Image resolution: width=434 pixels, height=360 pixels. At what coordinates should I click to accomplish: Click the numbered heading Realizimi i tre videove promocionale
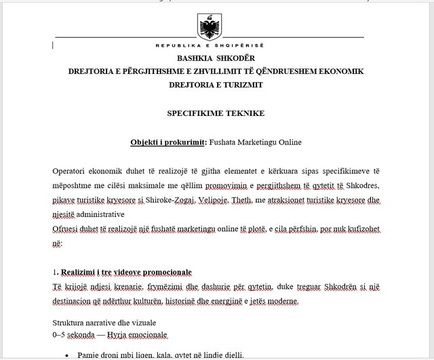(125, 272)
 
